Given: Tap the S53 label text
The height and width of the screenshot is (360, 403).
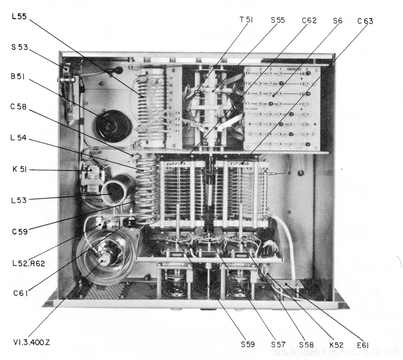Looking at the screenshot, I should click(20, 46).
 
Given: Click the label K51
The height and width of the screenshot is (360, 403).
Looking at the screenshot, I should click(20, 170).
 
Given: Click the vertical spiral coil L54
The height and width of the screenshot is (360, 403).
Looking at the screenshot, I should click(147, 189).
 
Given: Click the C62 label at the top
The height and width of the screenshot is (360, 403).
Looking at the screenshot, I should click(309, 20).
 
